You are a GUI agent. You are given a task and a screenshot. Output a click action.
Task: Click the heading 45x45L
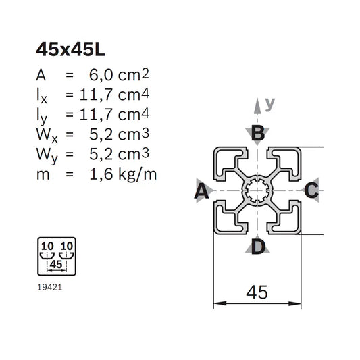[x=70, y=50]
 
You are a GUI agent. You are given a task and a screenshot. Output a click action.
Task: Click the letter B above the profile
[x=257, y=134]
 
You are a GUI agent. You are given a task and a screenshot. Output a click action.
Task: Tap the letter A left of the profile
[x=201, y=192]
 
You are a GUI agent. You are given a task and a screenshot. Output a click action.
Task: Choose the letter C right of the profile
[x=311, y=191]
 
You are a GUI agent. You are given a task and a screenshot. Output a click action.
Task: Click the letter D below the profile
[x=257, y=247]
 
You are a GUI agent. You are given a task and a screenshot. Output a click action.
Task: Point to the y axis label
[x=270, y=103]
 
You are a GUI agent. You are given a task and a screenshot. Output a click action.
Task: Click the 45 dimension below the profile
[x=257, y=292]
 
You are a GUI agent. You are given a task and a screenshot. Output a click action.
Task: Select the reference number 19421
[x=51, y=286]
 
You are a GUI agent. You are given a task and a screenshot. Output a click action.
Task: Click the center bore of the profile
[x=257, y=191]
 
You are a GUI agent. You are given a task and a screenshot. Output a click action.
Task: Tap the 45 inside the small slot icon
[x=57, y=265]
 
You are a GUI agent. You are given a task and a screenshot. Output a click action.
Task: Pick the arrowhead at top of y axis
[x=257, y=103]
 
